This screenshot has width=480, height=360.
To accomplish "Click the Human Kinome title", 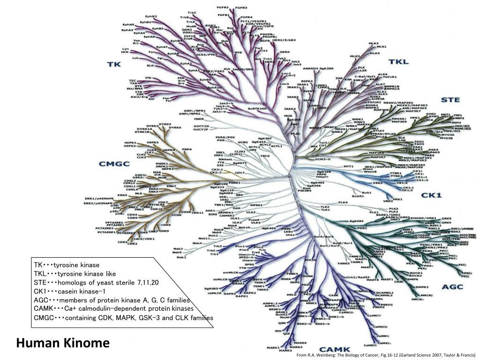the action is click(x=63, y=344).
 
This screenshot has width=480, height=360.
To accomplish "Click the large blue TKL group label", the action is click(x=398, y=62).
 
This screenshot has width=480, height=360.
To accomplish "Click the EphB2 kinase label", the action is click(x=151, y=17).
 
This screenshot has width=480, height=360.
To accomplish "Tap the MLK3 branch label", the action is click(x=374, y=44).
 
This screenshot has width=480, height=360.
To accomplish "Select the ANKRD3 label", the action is click(x=310, y=68).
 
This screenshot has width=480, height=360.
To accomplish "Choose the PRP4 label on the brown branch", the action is click(x=187, y=149).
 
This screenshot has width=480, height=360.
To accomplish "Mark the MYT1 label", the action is click(x=348, y=166).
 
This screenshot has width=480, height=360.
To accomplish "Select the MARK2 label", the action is click(x=285, y=351).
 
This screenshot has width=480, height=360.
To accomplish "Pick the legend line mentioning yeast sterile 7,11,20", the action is click(x=96, y=282).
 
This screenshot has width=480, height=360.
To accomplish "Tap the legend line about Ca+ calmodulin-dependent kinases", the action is click(x=113, y=309).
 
